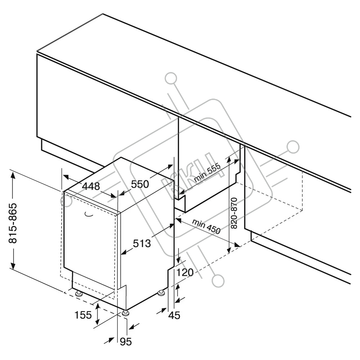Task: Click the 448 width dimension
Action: [91, 186]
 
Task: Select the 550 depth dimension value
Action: [140, 185]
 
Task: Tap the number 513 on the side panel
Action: [141, 244]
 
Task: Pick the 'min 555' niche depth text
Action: [207, 174]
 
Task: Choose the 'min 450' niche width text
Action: [206, 226]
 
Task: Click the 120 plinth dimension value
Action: [185, 273]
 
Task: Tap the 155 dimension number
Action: [83, 315]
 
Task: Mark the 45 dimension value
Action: [174, 315]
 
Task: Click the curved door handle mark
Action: [88, 215]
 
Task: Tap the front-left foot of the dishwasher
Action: [78, 293]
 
